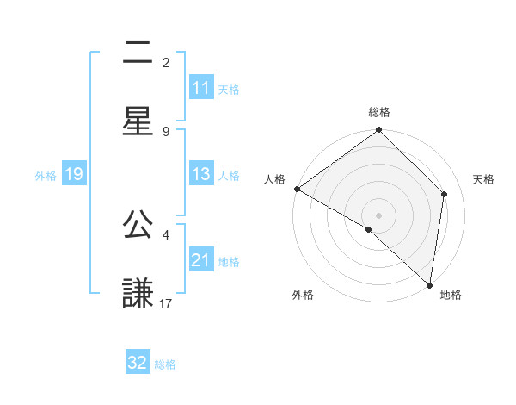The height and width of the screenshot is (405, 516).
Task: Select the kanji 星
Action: coord(138,121)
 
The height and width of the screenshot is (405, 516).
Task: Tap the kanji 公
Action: coord(138,226)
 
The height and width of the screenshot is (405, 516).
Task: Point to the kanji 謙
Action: coord(138,294)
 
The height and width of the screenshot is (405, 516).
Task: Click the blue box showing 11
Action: coord(200,88)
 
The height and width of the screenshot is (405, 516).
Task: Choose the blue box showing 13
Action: coord(200,174)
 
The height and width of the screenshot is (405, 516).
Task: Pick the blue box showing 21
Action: coord(200,260)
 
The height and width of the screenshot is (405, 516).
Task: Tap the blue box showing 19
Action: coord(73,174)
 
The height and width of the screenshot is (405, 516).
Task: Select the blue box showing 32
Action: coord(138,363)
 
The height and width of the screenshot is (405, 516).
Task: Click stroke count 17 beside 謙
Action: coord(166,303)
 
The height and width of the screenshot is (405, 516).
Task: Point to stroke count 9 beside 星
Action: coord(166,131)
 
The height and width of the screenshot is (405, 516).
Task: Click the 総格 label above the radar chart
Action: coord(379,112)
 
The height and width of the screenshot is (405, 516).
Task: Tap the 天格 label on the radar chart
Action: coord(483,179)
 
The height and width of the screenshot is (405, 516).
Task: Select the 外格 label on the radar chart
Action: coord(303,295)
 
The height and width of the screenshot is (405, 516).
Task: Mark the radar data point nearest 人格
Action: coord(297,189)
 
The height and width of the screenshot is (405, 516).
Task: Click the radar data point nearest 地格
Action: coord(430,285)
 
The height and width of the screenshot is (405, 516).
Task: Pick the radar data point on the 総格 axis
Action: coord(379,131)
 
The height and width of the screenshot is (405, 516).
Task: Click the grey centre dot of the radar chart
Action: coord(379,215)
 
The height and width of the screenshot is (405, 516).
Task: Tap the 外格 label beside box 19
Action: coord(46,175)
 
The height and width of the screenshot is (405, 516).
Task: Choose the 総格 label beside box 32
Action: coord(165,364)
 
